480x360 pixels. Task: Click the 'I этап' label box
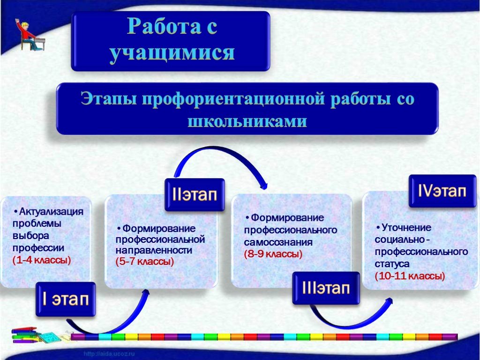[x=66, y=300]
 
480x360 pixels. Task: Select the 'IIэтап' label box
[x=195, y=195]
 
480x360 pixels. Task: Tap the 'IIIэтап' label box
[x=326, y=288]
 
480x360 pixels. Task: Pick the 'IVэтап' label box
[x=442, y=191]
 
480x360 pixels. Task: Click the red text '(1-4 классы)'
[x=42, y=260]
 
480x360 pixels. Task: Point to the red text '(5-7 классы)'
[x=145, y=262]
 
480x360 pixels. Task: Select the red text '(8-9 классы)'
[x=273, y=254]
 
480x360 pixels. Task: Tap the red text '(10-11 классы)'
[x=410, y=276]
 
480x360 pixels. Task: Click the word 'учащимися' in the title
[x=172, y=52]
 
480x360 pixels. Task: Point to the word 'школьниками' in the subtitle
[x=247, y=121]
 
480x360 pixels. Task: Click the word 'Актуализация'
[x=51, y=211]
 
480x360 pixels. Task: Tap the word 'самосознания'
[x=278, y=242]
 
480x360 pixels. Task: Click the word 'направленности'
[x=154, y=250]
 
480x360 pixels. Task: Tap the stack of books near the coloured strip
[x=25, y=336]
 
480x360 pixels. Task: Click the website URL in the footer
[x=109, y=354]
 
